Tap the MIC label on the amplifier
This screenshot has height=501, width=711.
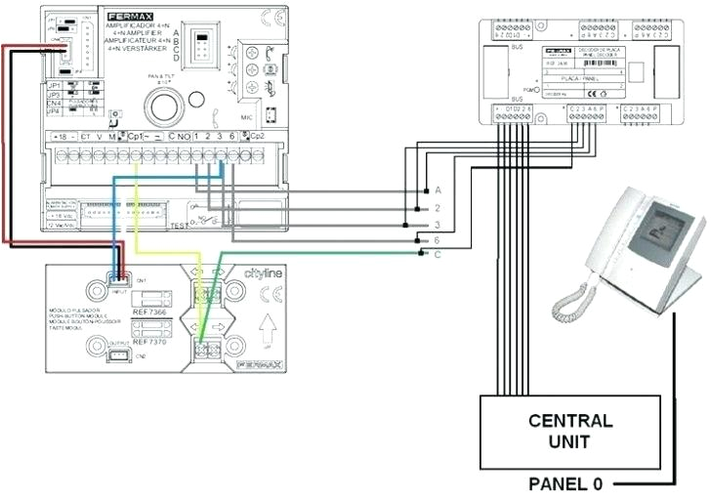(246, 116)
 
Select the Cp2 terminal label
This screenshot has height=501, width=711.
(257, 135)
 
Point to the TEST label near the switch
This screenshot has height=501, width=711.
(179, 225)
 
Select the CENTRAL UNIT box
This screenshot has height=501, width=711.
(570, 431)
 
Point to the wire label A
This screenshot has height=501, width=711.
(438, 188)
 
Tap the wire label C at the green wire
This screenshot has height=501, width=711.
(438, 254)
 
